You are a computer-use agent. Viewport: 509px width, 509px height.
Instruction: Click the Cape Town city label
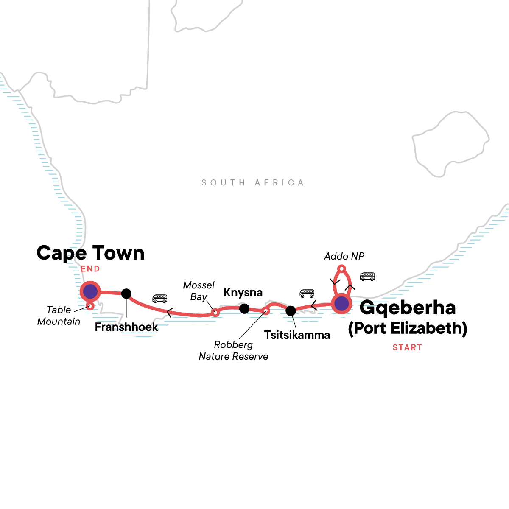coord(90,253)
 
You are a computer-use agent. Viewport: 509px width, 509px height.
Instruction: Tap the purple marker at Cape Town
coord(90,291)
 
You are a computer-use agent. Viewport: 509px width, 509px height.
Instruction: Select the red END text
coord(90,269)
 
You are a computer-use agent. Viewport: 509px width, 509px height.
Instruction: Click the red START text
coord(407,347)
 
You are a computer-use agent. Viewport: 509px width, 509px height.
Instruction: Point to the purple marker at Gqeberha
coord(341,304)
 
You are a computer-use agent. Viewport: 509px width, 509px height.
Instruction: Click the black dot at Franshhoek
coord(126,293)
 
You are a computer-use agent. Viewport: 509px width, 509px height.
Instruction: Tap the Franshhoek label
coord(126,327)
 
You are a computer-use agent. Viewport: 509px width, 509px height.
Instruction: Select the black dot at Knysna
coord(244,308)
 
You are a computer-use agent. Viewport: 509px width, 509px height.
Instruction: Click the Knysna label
coord(243,293)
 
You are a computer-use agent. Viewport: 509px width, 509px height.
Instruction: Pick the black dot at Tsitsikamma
coord(291,311)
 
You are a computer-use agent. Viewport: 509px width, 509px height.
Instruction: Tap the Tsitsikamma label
coord(297,335)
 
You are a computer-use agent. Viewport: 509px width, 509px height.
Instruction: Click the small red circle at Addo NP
coord(341,268)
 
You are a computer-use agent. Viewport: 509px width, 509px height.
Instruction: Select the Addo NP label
coord(344,256)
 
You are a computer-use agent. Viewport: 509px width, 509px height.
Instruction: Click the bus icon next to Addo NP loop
coord(367,277)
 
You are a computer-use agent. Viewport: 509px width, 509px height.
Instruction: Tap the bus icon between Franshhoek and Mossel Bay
coord(160,299)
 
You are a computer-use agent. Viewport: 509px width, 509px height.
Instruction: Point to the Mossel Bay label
coord(199,291)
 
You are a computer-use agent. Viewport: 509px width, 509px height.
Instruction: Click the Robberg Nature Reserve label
coord(233,351)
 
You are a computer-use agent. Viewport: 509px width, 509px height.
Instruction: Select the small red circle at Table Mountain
coord(90,306)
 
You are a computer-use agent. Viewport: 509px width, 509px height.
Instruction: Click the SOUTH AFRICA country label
coord(253,183)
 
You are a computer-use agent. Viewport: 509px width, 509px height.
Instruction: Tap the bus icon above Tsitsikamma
coord(307,293)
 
